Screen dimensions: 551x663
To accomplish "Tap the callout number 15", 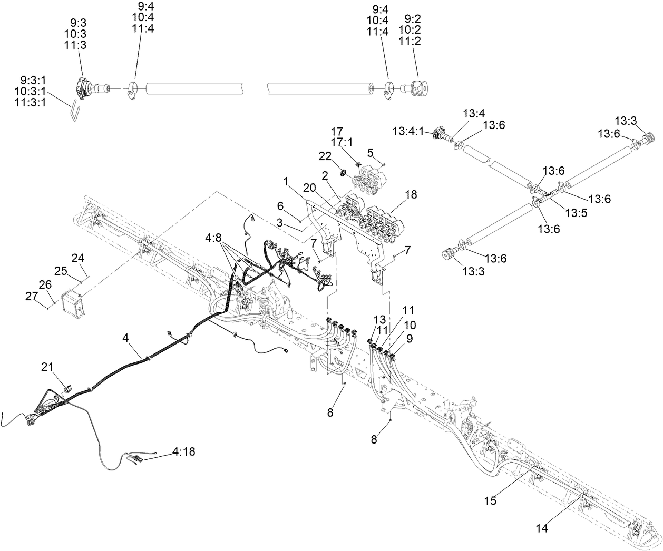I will click(x=490, y=501).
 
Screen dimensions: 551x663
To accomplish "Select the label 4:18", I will click(x=183, y=451).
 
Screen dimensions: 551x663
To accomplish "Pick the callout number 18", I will click(x=411, y=194).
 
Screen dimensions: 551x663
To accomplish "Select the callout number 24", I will click(x=78, y=258).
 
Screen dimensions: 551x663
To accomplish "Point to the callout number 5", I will click(x=370, y=152).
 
